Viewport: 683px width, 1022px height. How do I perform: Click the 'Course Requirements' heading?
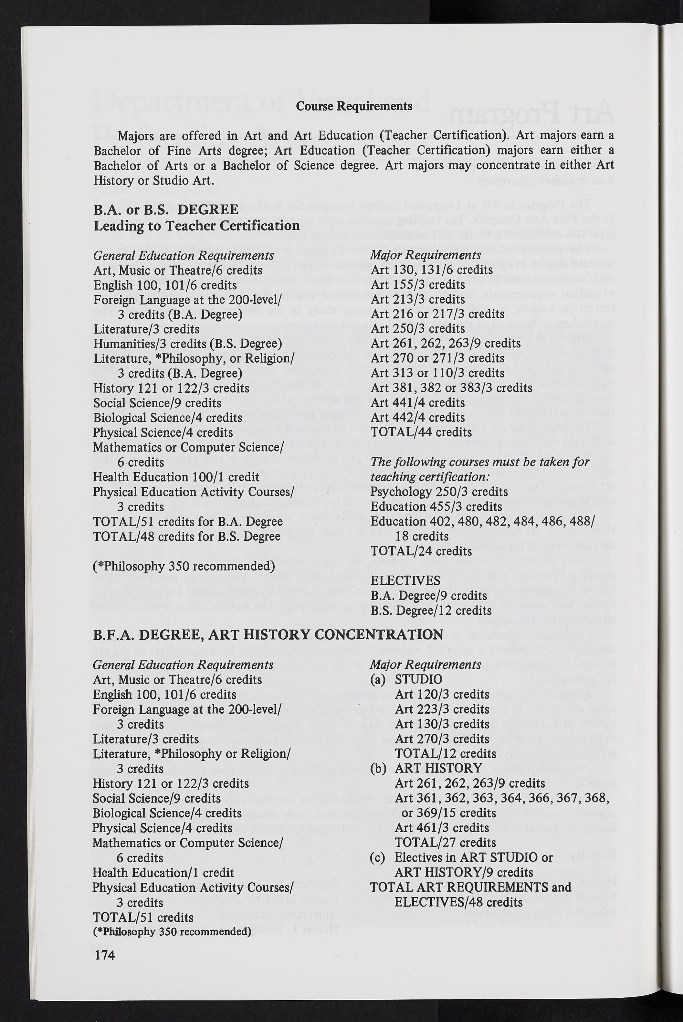354,106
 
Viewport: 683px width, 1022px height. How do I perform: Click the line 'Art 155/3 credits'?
418,284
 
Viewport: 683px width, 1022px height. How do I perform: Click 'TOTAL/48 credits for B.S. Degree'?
187,536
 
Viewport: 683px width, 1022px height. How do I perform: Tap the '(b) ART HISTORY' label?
426,768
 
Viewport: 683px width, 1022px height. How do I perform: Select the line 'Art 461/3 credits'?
442,827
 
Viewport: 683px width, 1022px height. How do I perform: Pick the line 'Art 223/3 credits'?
442,709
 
